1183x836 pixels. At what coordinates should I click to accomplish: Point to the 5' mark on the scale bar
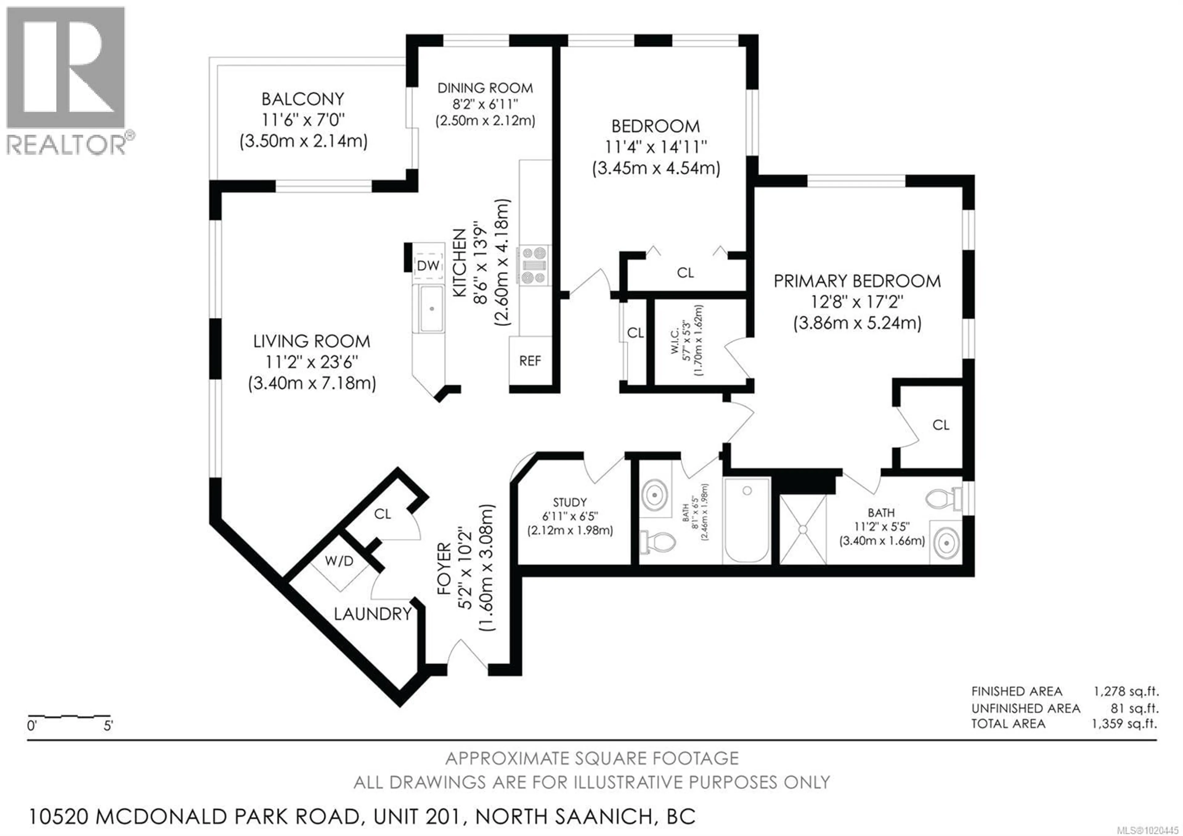tap(108, 726)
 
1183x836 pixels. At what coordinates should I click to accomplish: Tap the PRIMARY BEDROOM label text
tap(857, 281)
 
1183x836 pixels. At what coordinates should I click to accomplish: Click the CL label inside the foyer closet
tap(382, 514)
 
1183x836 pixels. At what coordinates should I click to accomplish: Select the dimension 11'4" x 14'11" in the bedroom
tap(655, 147)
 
